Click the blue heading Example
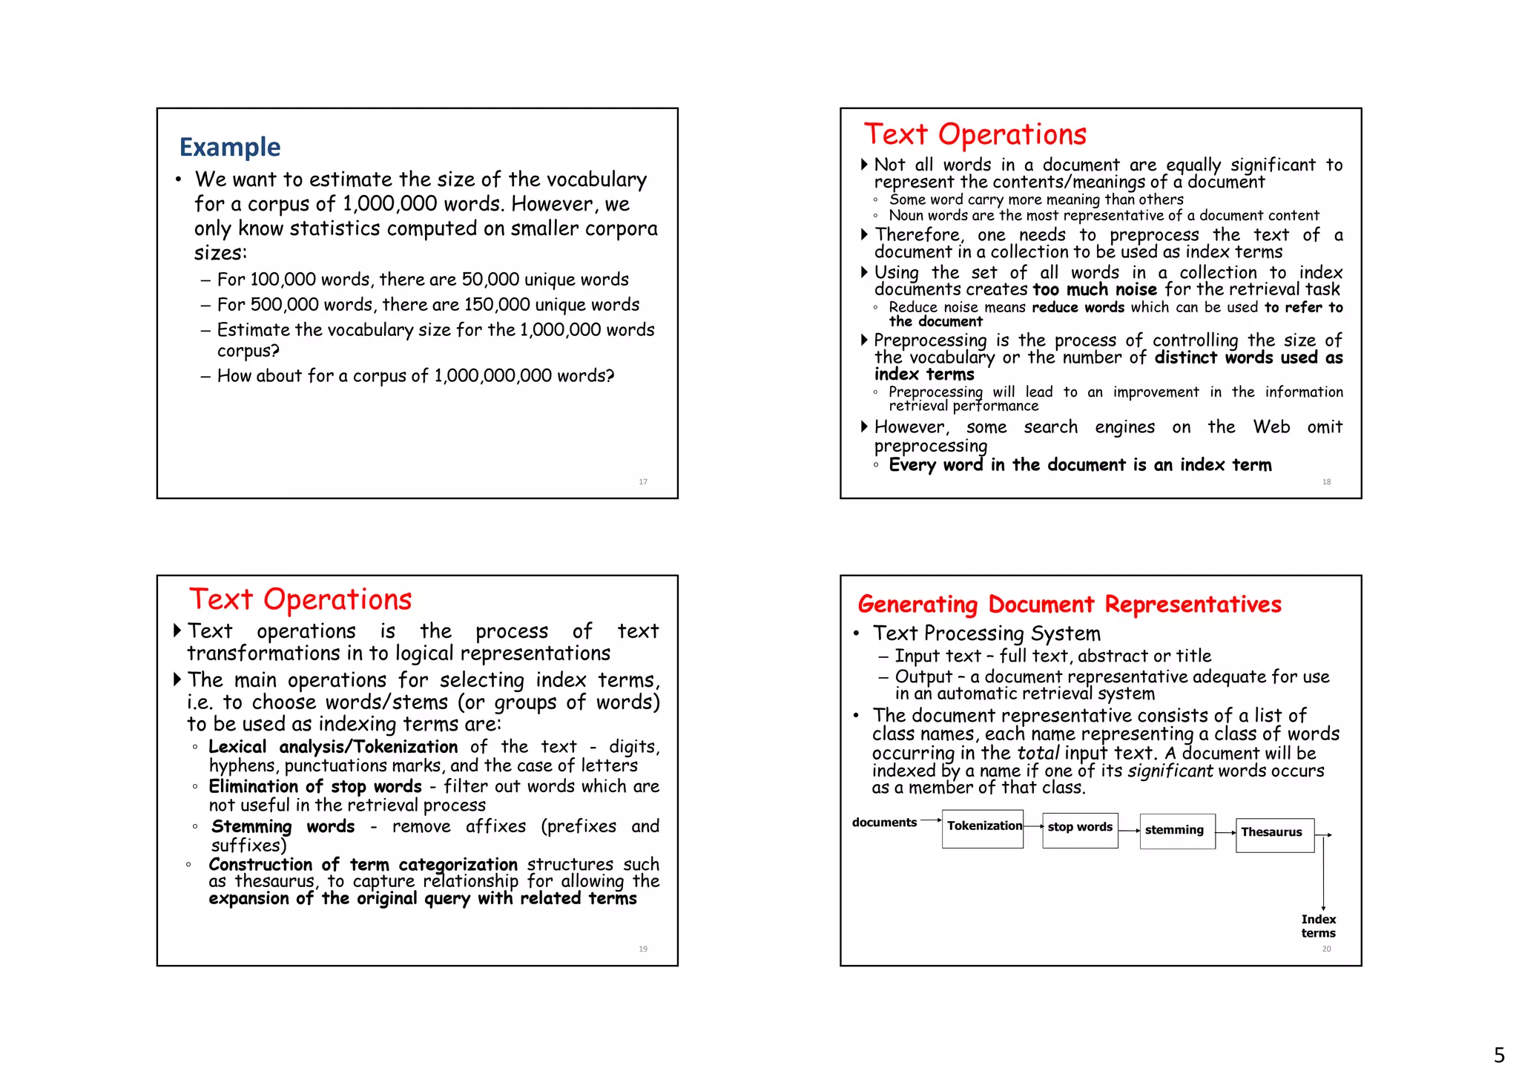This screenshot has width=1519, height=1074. click(230, 147)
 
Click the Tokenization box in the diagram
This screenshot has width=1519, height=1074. click(983, 828)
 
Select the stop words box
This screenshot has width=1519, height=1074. click(1080, 829)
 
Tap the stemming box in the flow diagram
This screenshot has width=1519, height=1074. click(1176, 831)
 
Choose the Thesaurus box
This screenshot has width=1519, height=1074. click(1274, 834)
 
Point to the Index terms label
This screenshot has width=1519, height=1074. click(1318, 926)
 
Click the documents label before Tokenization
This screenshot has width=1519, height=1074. click(884, 822)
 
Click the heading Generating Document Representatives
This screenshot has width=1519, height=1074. click(1069, 604)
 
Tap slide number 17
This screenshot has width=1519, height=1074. click(643, 482)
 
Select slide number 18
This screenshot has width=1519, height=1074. click(1326, 482)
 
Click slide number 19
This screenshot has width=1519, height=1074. click(643, 949)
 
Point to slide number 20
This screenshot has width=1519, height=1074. click(1326, 949)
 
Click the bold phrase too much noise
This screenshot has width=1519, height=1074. click(1095, 290)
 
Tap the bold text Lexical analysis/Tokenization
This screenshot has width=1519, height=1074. click(333, 747)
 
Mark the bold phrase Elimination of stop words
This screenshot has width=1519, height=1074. click(315, 786)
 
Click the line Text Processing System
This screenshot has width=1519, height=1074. click(986, 633)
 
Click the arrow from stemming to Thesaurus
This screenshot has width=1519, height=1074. click(1225, 833)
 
